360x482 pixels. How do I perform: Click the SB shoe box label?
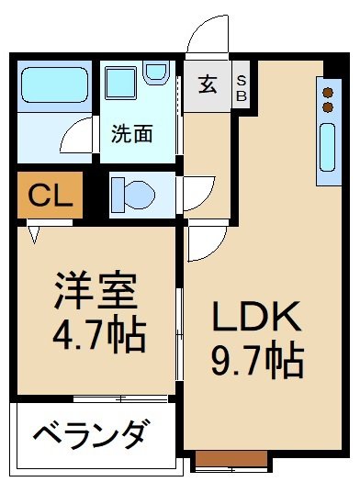click(242, 85)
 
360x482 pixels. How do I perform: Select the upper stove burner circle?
click(326, 92)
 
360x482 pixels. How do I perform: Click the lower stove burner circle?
click(326, 106)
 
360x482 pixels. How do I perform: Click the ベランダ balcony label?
click(90, 432)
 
